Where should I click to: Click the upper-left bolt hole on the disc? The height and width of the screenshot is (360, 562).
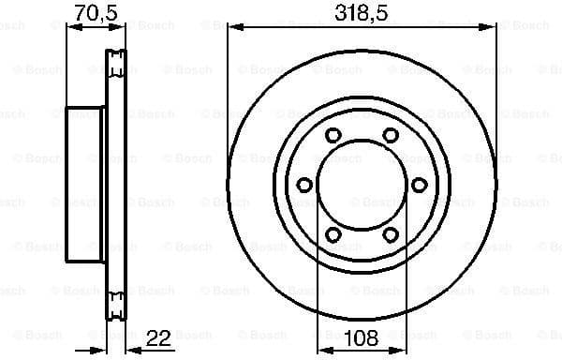coord(333,136)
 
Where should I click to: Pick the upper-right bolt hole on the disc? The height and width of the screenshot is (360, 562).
coord(390,136)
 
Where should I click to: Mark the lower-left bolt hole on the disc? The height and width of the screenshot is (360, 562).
coord(333,234)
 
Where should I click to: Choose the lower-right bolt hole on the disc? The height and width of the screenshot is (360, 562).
coord(390,234)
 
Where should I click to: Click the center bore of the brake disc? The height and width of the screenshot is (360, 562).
coord(362,185)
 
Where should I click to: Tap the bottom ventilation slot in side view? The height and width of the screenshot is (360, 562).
coord(116,303)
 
